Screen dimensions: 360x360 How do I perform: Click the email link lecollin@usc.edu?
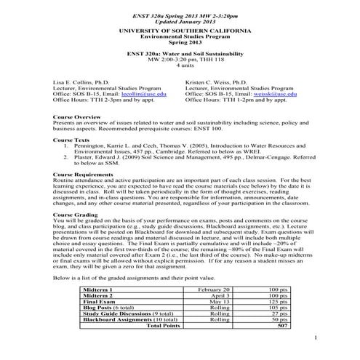click(139, 95)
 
